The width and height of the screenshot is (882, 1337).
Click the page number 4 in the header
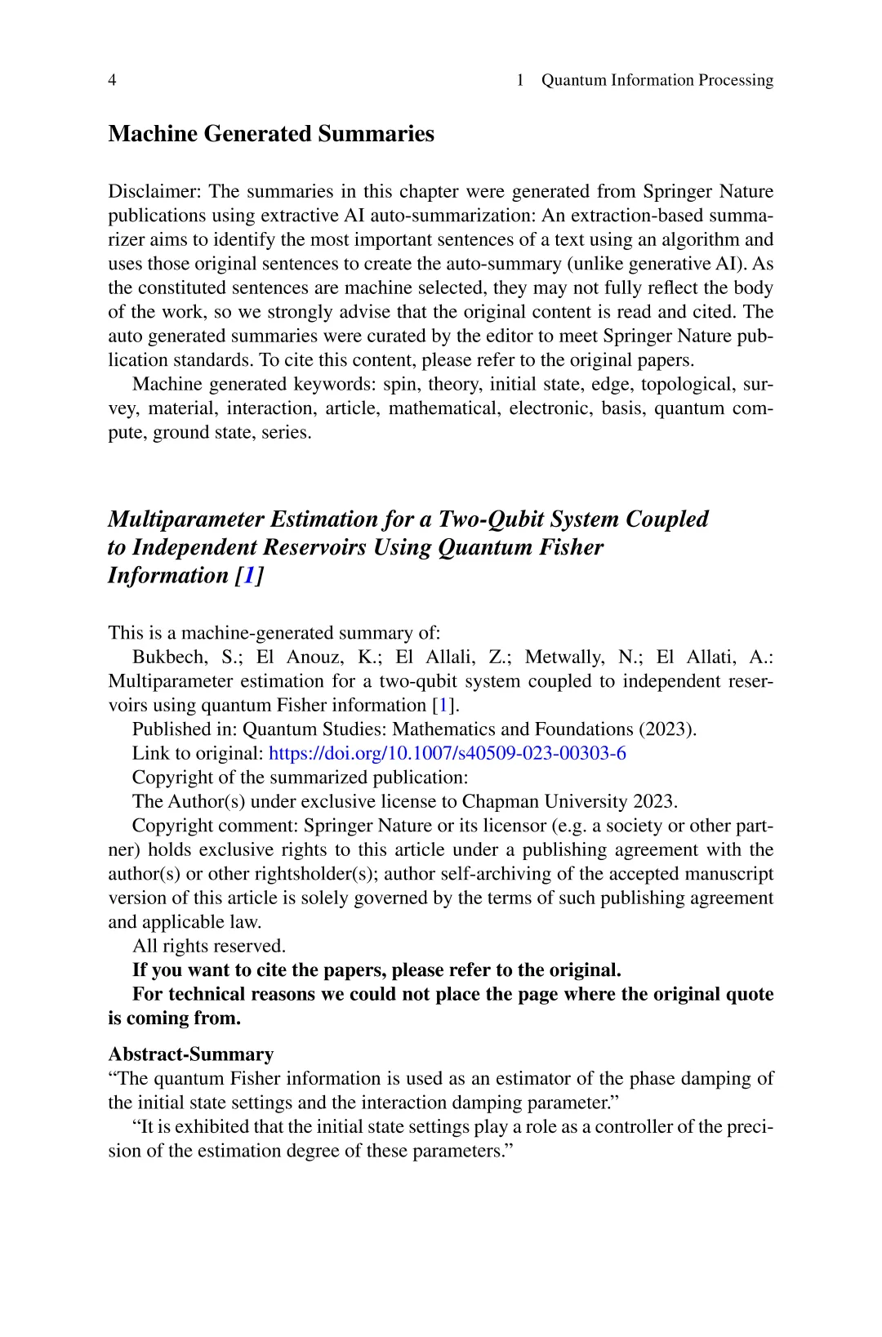coord(112,80)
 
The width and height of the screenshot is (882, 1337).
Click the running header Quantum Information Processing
coord(657,80)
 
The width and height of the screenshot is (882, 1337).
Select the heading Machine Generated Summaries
coord(271,134)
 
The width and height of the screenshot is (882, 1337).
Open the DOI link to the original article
coord(447,754)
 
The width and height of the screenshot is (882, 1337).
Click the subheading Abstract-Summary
coord(190,1054)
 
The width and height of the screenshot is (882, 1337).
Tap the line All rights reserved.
coord(209,947)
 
